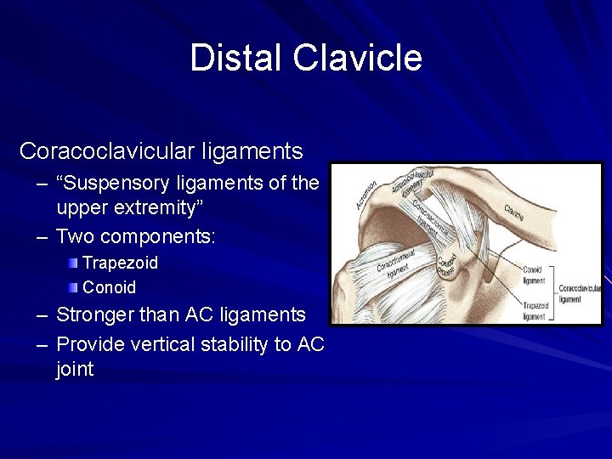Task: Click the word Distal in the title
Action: point(236,58)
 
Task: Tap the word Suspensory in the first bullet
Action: point(120,183)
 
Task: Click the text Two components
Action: point(135,235)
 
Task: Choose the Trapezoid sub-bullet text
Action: point(120,263)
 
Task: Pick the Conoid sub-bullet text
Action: point(109,287)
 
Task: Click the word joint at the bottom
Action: point(75,369)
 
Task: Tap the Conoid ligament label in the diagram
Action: point(534,275)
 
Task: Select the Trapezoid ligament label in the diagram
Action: point(534,310)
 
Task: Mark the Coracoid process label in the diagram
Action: point(446,264)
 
